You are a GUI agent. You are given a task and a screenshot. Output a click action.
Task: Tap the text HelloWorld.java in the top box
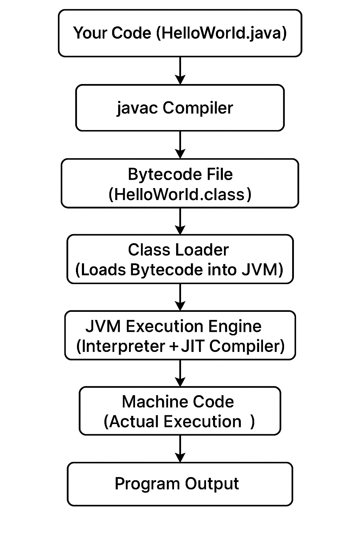click(221, 33)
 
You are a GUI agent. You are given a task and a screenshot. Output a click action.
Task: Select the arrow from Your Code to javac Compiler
click(180, 70)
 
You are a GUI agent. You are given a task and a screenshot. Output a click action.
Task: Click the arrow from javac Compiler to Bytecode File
click(180, 144)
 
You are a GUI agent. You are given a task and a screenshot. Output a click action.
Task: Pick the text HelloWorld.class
click(180, 194)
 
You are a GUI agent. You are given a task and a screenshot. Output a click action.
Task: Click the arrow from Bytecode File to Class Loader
click(180, 221)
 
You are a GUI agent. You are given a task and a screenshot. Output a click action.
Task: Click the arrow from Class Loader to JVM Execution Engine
click(180, 297)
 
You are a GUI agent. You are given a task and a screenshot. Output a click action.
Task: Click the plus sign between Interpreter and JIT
click(173, 347)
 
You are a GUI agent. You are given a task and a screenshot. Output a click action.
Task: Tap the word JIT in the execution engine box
click(193, 346)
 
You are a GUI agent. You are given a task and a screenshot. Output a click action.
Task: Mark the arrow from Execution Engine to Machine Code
click(180, 373)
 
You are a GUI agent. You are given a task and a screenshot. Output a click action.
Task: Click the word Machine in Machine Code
click(149, 402)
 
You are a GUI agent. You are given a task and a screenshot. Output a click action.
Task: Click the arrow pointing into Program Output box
click(180, 449)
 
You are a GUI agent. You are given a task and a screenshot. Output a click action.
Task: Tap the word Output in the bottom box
click(212, 484)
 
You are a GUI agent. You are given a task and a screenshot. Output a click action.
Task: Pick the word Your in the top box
click(88, 33)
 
